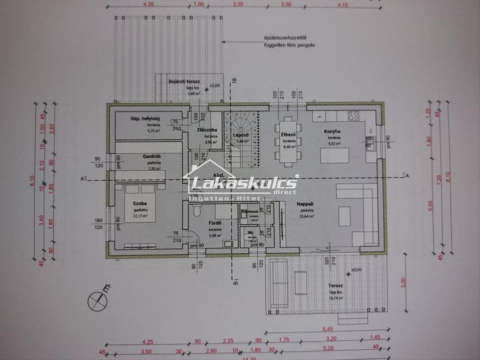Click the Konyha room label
click(332, 131)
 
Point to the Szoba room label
click(137, 204)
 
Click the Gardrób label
click(151, 156)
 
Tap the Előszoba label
click(207, 130)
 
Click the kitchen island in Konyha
click(334, 155)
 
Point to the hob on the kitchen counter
click(353, 116)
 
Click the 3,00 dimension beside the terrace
click(403, 282)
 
